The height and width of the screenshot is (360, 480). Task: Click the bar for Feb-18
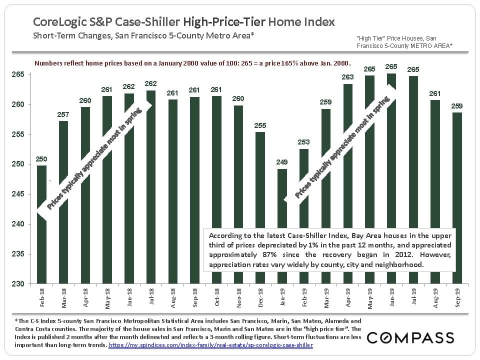pyautogui.click(x=41, y=224)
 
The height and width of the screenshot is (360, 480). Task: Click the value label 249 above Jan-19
pyautogui.click(x=282, y=162)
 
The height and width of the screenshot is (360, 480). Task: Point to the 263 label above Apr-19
pyautogui.click(x=348, y=77)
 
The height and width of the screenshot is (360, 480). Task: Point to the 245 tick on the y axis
pyautogui.click(x=24, y=194)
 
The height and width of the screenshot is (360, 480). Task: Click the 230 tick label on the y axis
pyautogui.click(x=24, y=284)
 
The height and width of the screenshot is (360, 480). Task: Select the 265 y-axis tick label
pyautogui.click(x=24, y=74)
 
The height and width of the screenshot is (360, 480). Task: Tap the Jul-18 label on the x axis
pyautogui.click(x=151, y=298)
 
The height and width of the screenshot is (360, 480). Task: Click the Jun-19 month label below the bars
pyautogui.click(x=391, y=298)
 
